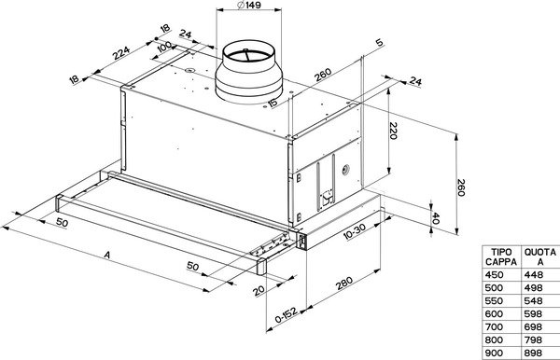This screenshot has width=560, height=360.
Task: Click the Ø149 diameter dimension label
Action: pos(249,5)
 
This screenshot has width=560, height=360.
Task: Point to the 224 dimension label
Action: pos(121,53)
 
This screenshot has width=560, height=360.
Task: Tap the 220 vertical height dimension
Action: pos(393,131)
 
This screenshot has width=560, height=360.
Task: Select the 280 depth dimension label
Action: pos(344,283)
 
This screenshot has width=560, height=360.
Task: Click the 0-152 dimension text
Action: pos(287,314)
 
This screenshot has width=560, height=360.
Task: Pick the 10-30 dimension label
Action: pos(355,231)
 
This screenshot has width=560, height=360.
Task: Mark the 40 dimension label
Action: pos(435,217)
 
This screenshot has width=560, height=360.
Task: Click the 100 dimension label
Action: pos(164,47)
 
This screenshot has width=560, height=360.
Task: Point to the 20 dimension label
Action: pos(259,291)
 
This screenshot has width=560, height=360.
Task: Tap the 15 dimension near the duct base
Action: pos(273,104)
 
